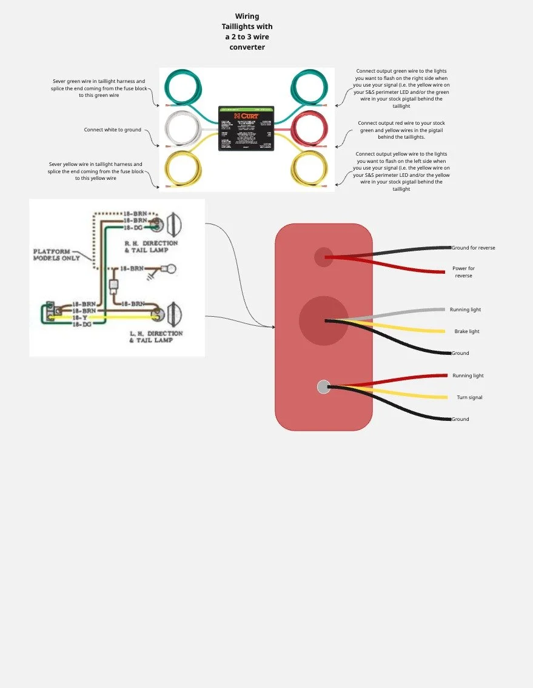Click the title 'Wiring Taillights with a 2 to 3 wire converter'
(247, 31)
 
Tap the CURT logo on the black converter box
(247, 116)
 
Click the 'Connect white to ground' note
(113, 130)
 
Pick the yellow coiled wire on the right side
(309, 170)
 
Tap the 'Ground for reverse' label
(474, 248)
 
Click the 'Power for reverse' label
(463, 272)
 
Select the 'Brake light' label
(467, 331)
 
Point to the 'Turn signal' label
(469, 397)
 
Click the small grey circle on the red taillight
(324, 386)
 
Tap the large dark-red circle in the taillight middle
(324, 321)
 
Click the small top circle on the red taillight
(324, 257)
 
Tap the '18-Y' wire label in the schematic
(79, 317)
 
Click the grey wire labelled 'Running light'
(400, 313)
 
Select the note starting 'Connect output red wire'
(401, 130)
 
